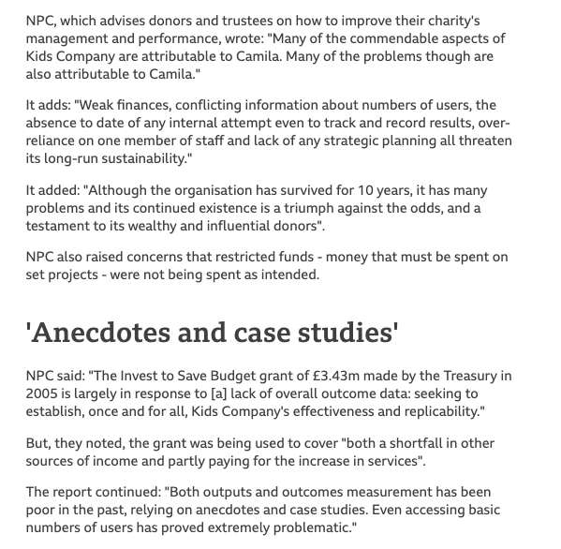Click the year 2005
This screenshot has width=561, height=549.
click(x=42, y=393)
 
